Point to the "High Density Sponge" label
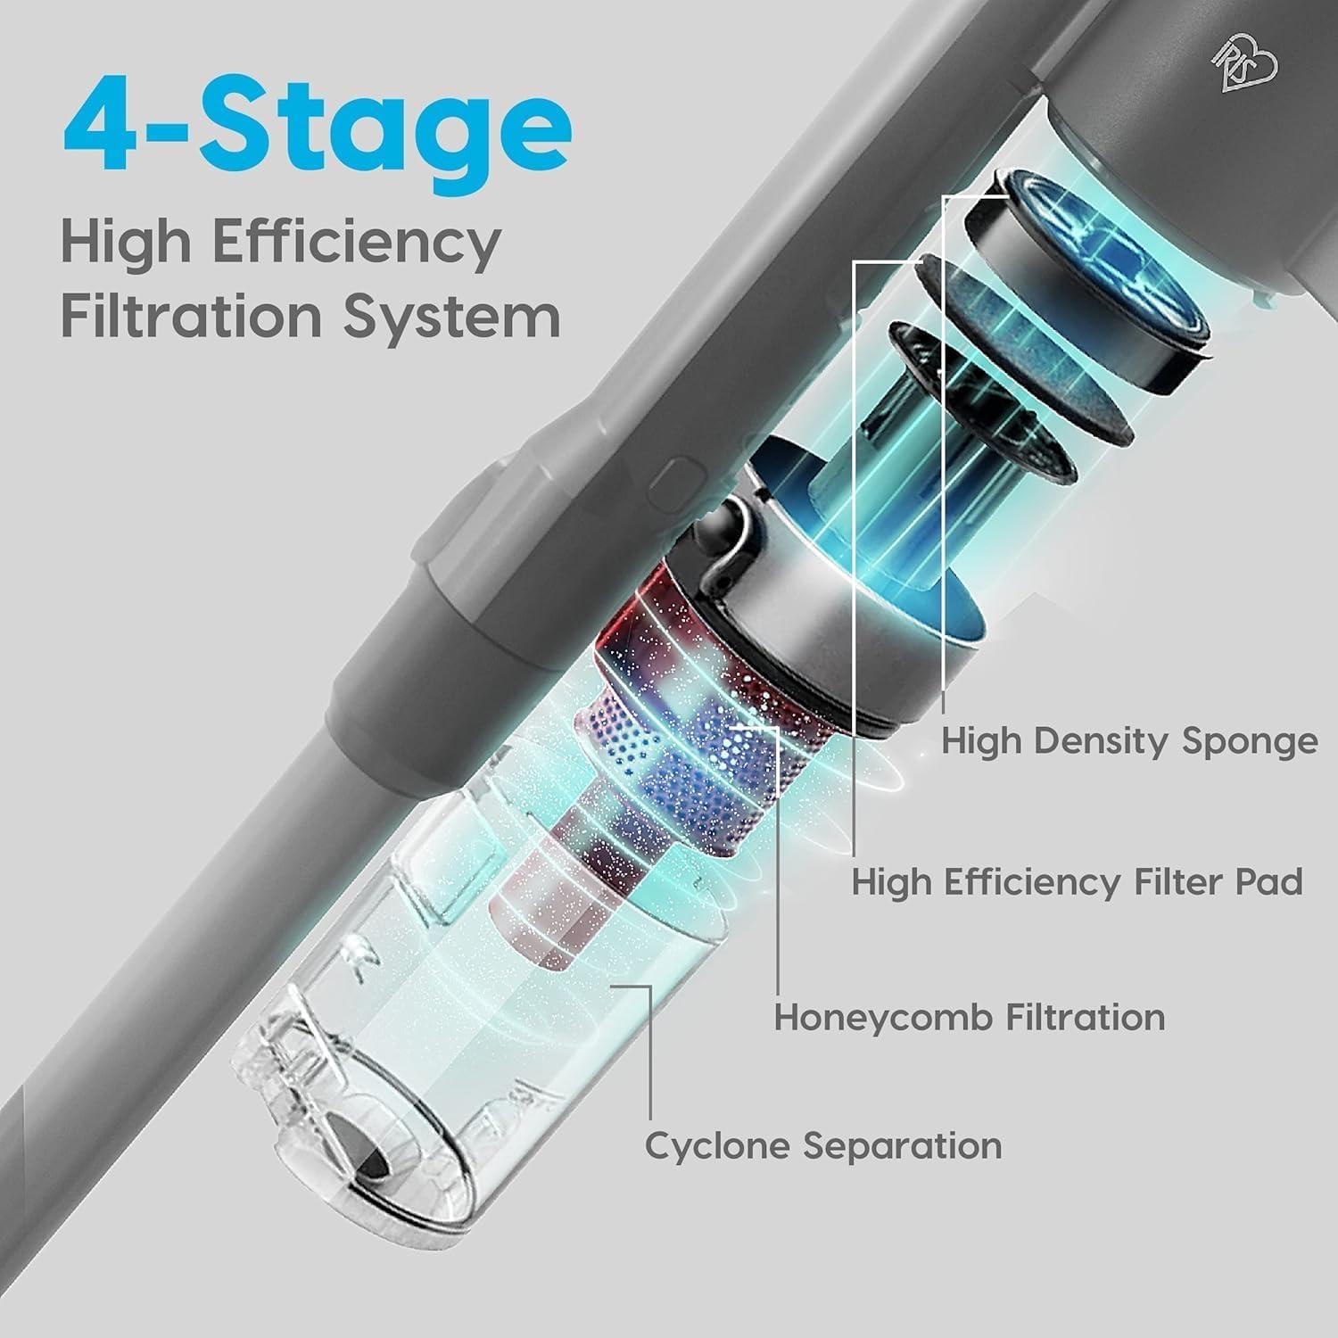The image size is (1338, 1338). [x=1129, y=741]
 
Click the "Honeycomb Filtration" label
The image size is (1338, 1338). [x=969, y=1017]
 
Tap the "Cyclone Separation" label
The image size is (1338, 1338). [x=823, y=1145]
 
